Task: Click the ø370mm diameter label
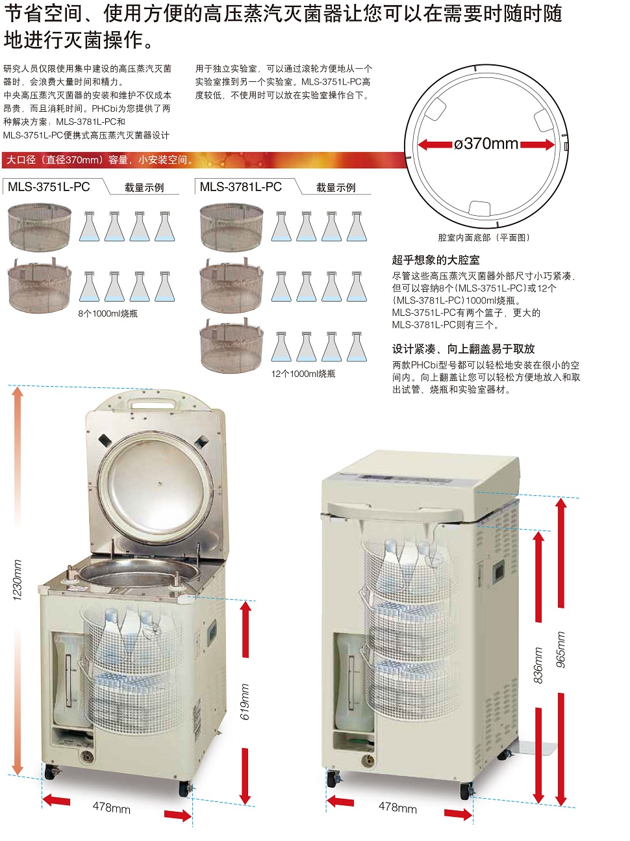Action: (x=486, y=144)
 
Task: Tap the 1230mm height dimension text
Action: (x=18, y=580)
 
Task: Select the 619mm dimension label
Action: (x=245, y=701)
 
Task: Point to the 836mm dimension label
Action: (x=538, y=665)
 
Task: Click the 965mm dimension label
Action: (x=561, y=649)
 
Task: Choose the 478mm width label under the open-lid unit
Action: (x=111, y=807)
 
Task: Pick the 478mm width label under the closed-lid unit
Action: (x=397, y=807)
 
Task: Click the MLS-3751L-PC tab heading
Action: (x=49, y=187)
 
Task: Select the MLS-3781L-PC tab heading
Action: (x=240, y=187)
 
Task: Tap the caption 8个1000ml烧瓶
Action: (x=108, y=314)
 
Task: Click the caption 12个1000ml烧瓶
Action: (x=303, y=374)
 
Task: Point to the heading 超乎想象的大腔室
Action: (x=436, y=260)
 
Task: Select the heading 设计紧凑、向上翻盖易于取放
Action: (x=463, y=349)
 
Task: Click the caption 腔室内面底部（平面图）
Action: (x=484, y=238)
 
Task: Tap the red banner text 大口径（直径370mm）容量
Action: (x=97, y=160)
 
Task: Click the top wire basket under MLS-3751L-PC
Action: (x=40, y=227)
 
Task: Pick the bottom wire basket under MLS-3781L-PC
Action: (x=231, y=346)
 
